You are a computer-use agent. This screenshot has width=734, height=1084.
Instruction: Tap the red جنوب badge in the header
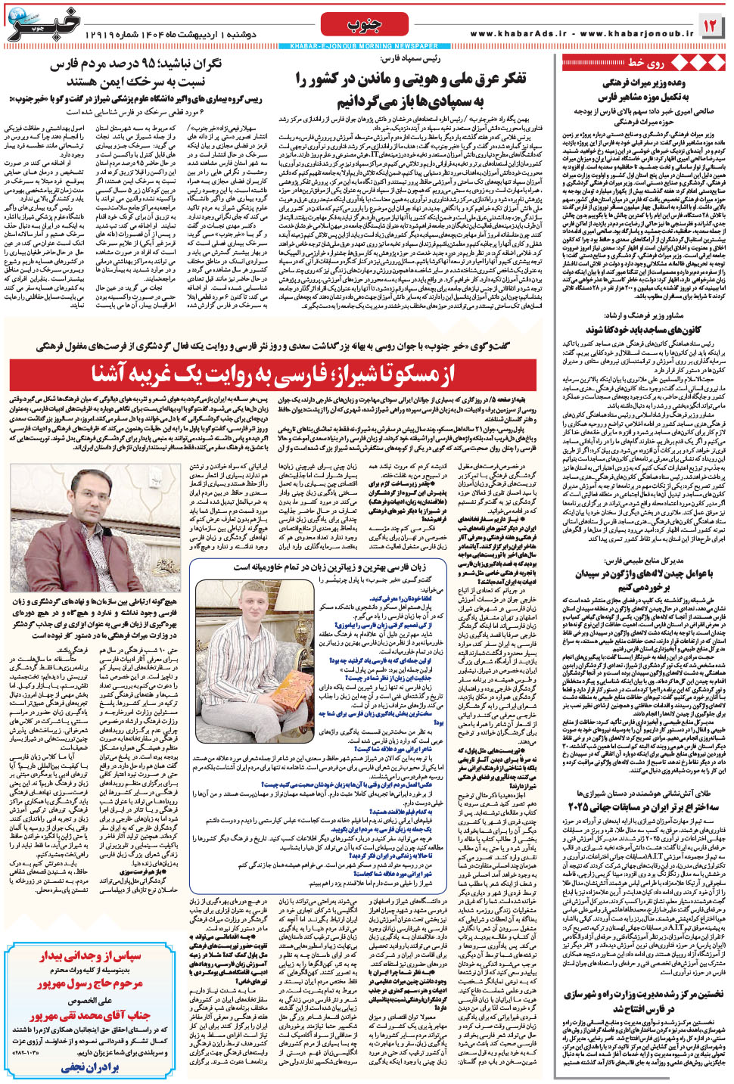365,24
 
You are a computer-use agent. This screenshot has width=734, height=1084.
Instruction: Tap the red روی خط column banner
643,62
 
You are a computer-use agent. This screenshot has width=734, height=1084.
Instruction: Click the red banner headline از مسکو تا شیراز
272,374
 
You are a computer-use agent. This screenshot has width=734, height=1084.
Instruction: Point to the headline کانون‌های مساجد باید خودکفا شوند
643,330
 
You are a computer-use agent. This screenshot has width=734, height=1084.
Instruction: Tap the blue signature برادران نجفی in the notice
91,1067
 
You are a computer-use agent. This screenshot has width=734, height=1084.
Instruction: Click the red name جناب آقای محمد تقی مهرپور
91,1015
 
